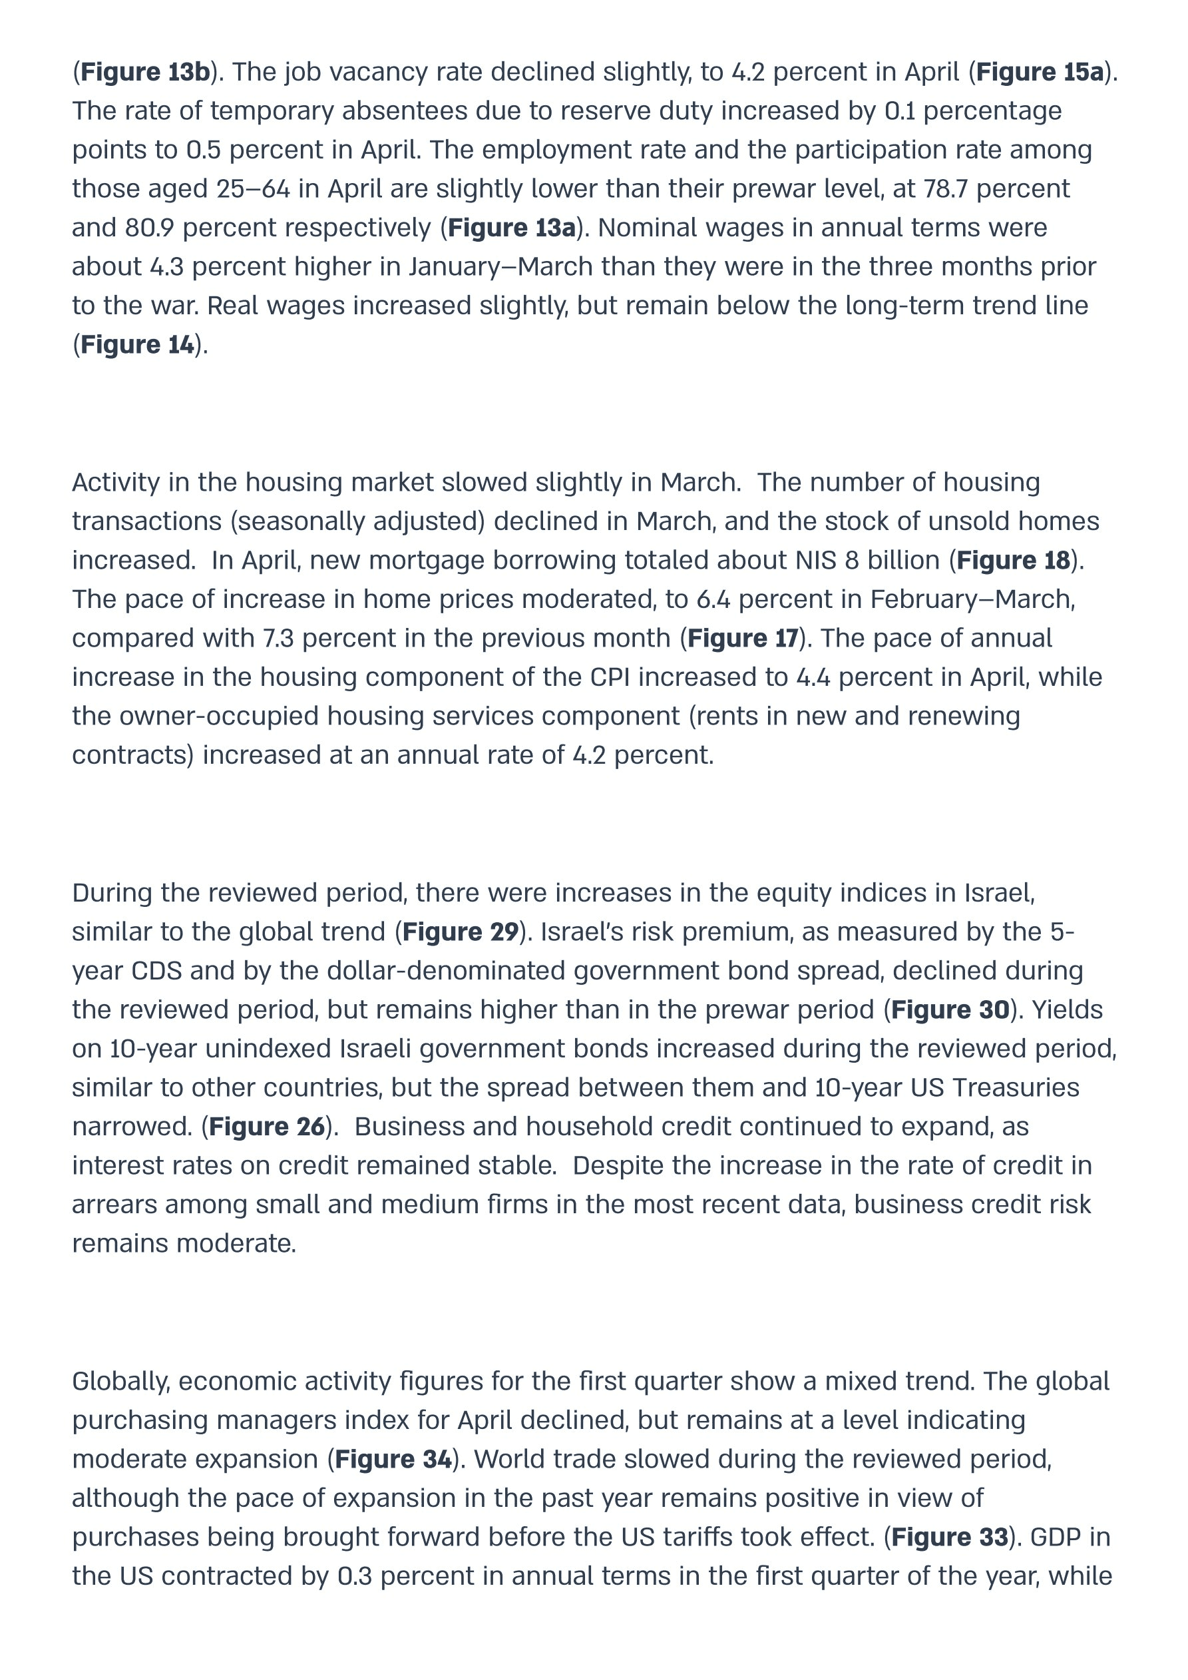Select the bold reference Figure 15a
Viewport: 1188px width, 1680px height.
tap(1040, 73)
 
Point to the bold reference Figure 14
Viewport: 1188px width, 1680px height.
tap(138, 345)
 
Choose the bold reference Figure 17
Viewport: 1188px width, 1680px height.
tap(743, 639)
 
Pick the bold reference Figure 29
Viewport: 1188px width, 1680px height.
tap(460, 932)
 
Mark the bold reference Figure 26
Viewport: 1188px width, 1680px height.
tap(267, 1127)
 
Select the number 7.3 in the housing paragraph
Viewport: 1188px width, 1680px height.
tap(278, 639)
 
